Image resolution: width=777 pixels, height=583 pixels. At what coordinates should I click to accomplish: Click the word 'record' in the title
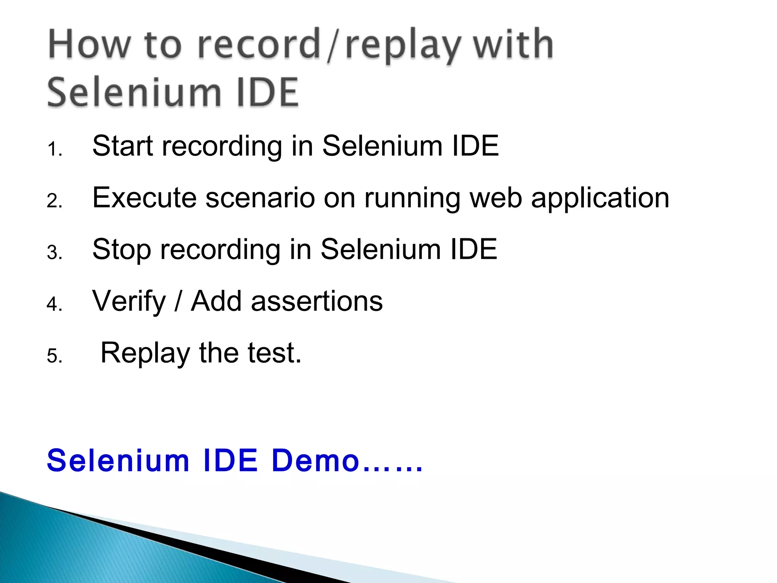coord(259,45)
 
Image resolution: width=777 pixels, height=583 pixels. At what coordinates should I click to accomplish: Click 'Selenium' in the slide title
coord(134,92)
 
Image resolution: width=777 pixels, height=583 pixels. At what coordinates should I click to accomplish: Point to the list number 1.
coord(54,149)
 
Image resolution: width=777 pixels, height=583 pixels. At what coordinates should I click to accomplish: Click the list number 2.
coord(54,201)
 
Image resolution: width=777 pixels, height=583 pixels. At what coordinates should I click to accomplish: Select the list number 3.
coord(54,253)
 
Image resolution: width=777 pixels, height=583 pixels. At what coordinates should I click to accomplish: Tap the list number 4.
coord(54,304)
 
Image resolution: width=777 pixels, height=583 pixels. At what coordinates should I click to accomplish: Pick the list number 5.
coord(54,356)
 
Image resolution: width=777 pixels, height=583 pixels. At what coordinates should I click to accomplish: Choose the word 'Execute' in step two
coord(145,198)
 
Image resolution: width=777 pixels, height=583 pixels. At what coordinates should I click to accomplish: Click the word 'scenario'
coord(260,198)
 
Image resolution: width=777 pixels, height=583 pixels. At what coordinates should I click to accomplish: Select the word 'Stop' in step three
coord(122,250)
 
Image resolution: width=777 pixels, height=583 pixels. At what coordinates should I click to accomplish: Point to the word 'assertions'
coord(317,301)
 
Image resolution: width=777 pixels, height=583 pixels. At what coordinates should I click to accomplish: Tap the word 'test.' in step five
coord(275,353)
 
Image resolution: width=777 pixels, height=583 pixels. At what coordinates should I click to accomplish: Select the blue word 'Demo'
coord(316,460)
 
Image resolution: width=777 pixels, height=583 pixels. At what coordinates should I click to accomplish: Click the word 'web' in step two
coord(495,198)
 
